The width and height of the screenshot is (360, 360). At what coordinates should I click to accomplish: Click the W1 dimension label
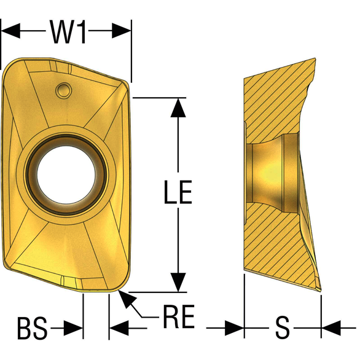pos(68,32)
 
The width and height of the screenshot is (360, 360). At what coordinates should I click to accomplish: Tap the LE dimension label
pos(178,192)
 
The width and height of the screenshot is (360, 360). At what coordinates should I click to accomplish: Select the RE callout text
pos(179,316)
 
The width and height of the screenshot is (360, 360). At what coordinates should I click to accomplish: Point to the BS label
pos(33,328)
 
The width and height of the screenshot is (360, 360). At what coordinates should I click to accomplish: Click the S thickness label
pos(282,327)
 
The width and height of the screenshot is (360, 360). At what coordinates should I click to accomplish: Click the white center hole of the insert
pos(66,174)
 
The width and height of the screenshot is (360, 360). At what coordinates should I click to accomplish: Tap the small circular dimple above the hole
pos(63,90)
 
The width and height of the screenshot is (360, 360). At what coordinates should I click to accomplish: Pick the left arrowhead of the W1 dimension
pos(10,31)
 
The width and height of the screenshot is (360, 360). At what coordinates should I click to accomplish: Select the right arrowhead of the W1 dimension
pos(122,31)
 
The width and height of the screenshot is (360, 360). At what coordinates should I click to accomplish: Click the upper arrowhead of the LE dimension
pos(178,108)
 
